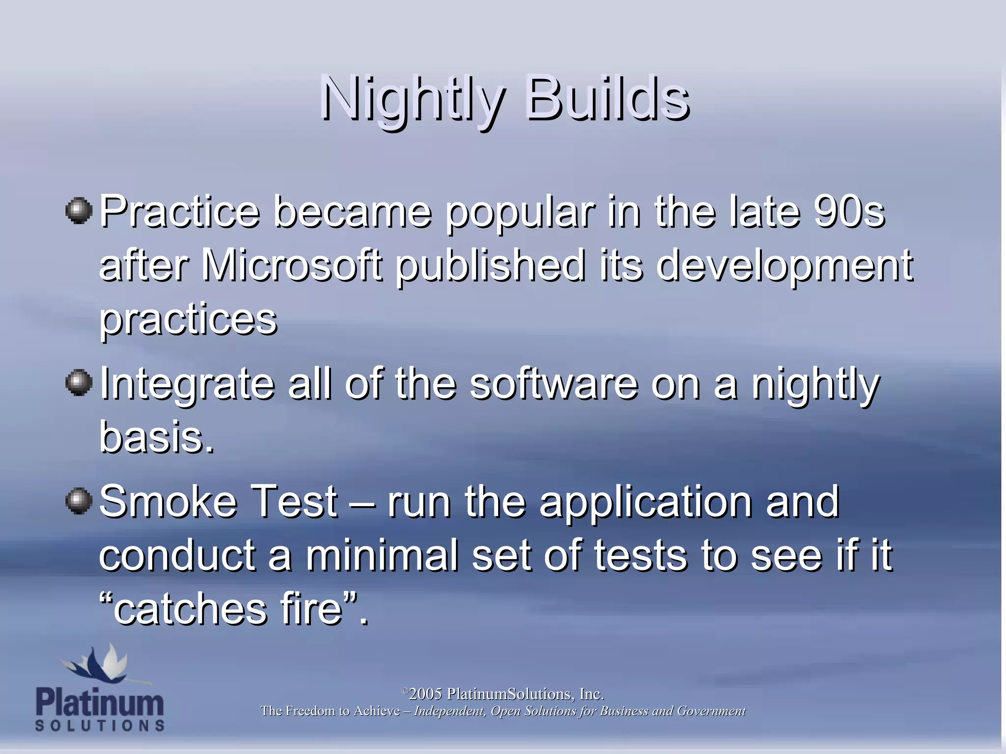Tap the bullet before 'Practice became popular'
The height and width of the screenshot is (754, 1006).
[79, 211]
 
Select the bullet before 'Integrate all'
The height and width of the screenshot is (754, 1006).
[79, 382]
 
